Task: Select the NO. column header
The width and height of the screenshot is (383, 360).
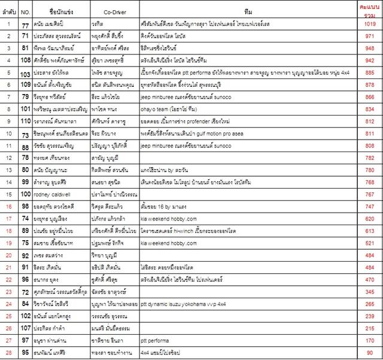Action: [25, 11]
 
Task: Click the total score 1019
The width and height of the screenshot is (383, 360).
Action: [369, 23]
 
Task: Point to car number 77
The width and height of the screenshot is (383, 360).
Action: [25, 23]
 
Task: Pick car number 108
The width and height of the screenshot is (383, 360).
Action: [25, 60]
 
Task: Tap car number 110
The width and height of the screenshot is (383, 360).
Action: [25, 120]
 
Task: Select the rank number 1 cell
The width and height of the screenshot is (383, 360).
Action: [9, 23]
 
